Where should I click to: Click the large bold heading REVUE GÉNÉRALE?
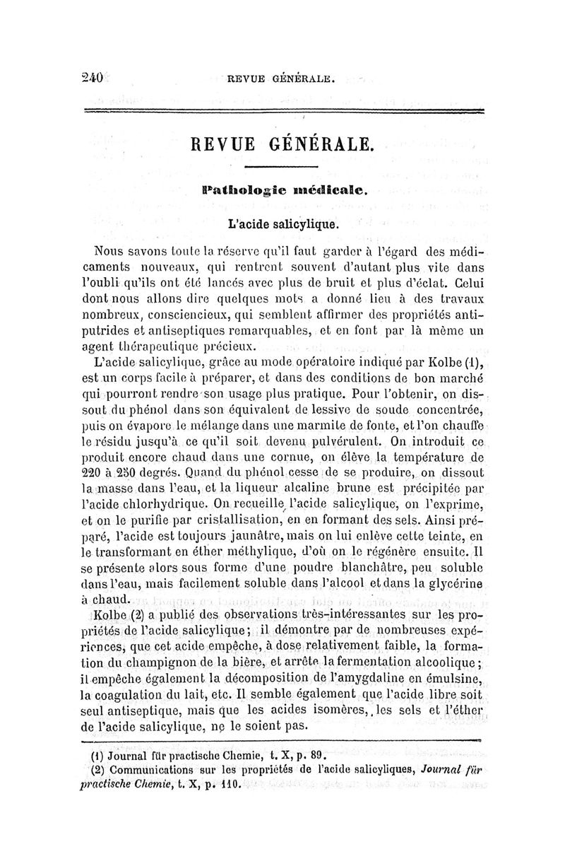pos(282,146)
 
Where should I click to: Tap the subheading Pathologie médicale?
pos(282,190)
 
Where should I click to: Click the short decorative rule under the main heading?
pos(282,167)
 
